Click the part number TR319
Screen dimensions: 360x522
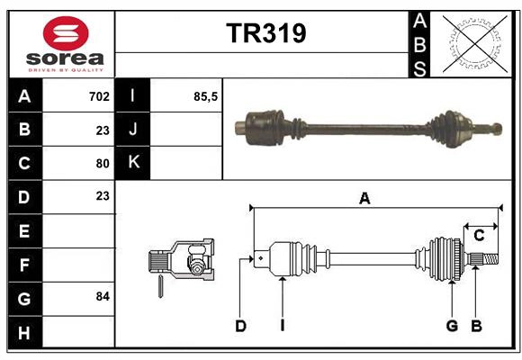(x=265, y=33)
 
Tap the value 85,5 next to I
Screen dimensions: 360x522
(x=206, y=95)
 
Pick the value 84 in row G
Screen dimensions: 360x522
(x=102, y=295)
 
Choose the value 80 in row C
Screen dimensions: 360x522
(x=102, y=163)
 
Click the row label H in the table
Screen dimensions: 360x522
(x=24, y=332)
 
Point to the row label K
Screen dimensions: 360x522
(x=134, y=162)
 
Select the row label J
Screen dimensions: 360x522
(x=134, y=129)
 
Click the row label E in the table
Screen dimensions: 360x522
(x=24, y=230)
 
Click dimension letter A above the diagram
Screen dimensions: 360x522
(x=364, y=199)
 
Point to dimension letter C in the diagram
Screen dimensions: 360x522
(x=479, y=236)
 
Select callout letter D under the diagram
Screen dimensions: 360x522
(x=240, y=326)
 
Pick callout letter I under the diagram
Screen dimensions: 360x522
(x=282, y=326)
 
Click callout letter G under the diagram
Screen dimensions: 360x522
(x=452, y=326)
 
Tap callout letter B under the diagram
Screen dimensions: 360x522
(x=477, y=326)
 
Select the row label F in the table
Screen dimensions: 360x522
(x=24, y=265)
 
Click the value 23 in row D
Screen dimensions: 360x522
(x=102, y=195)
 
